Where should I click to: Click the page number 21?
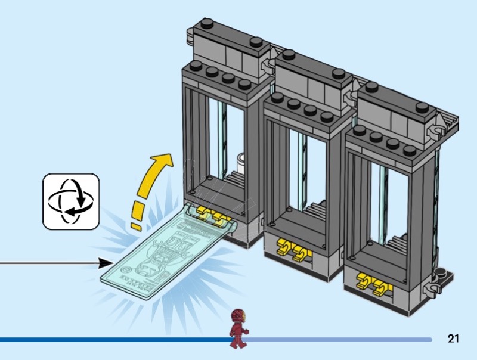pyautogui.click(x=453, y=339)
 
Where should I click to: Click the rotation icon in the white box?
pyautogui.click(x=70, y=201)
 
